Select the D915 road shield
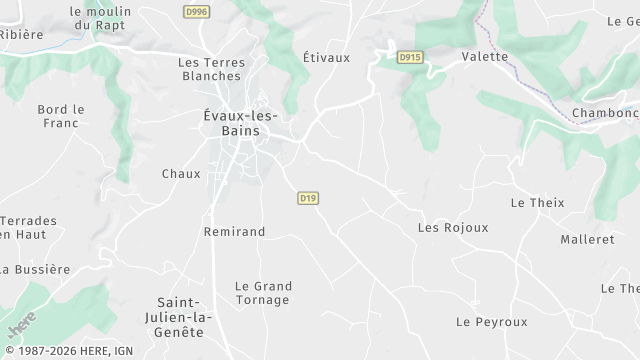tap(408, 57)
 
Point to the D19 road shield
tap(308, 199)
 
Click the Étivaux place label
tap(326, 57)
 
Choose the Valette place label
tap(485, 57)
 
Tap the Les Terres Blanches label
tap(210, 69)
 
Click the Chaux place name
tap(181, 174)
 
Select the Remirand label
tap(234, 232)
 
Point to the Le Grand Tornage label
tap(262, 293)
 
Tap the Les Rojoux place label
tap(453, 228)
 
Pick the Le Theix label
tap(537, 203)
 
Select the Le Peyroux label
tap(491, 322)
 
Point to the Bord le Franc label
tap(61, 116)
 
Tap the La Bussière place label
tap(36, 269)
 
